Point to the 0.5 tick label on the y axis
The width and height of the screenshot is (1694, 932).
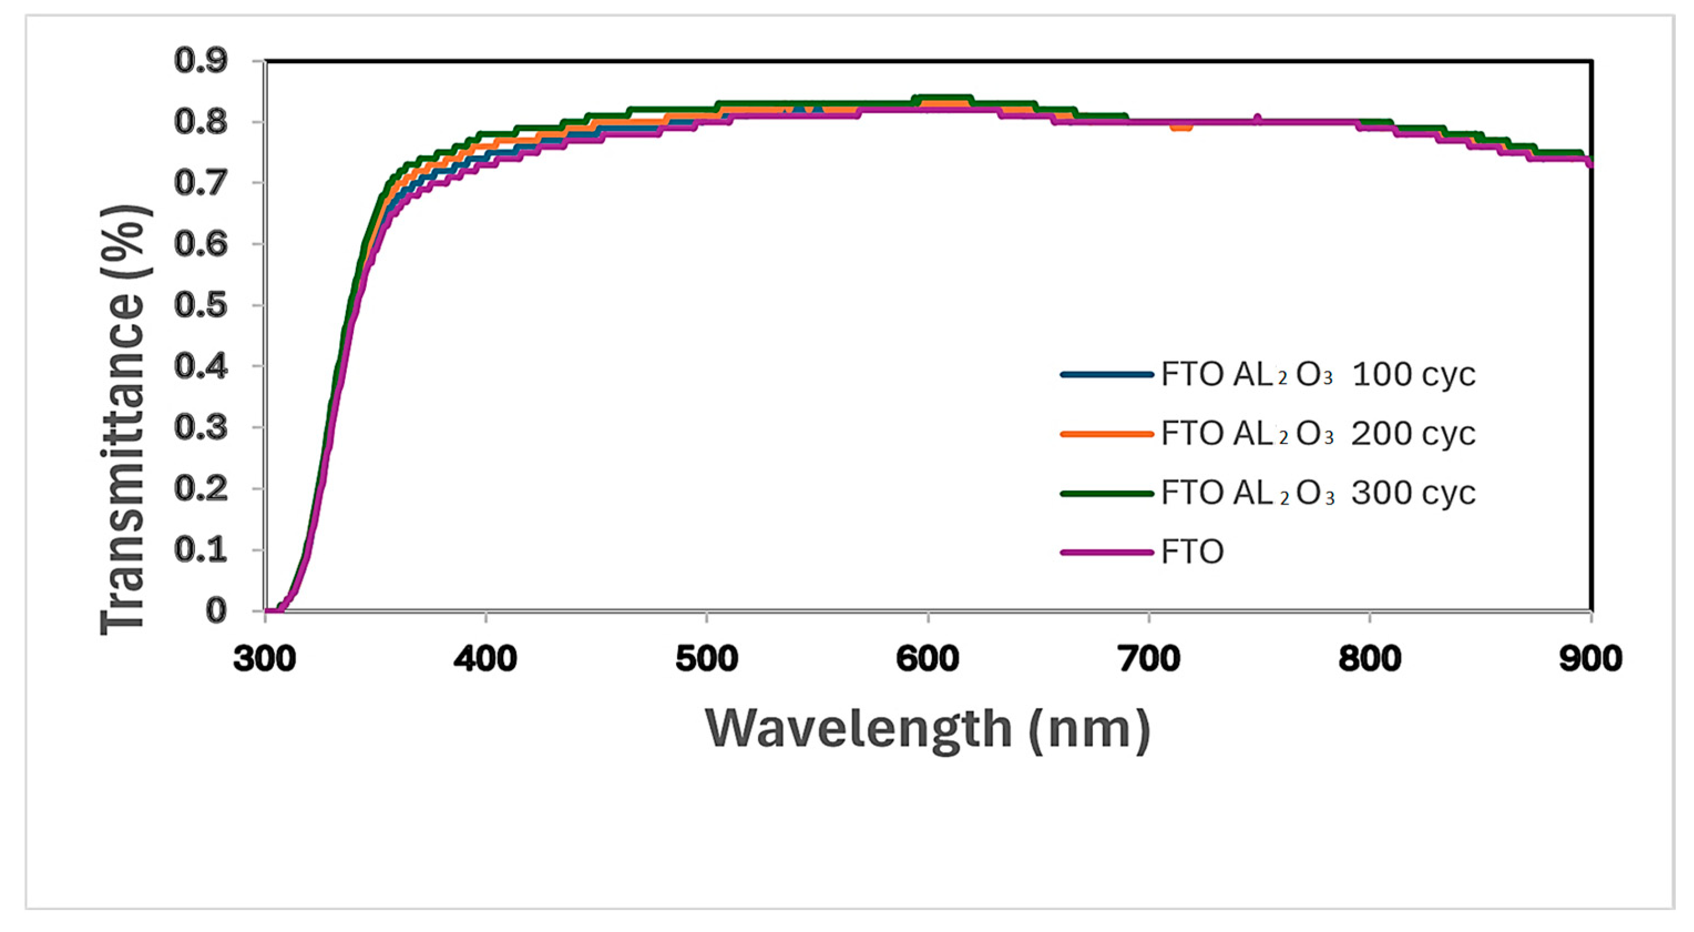tap(201, 306)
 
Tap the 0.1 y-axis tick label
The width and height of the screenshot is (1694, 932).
tap(201, 550)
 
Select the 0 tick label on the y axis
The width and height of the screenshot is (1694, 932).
tap(216, 611)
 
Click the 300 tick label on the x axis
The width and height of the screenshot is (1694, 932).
tap(265, 658)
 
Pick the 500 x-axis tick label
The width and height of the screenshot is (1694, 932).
tap(707, 658)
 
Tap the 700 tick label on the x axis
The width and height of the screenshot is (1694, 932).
tap(1149, 658)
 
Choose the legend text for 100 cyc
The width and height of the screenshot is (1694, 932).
tap(1318, 375)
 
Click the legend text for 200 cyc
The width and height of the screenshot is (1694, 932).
tap(1318, 434)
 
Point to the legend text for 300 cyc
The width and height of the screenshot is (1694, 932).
tap(1318, 493)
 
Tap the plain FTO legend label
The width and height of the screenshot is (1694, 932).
tap(1191, 552)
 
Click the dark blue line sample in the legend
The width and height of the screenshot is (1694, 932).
tap(1107, 375)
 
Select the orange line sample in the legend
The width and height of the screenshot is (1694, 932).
tap(1107, 434)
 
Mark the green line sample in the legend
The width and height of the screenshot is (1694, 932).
tap(1107, 493)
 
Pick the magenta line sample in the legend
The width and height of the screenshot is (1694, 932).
tap(1107, 552)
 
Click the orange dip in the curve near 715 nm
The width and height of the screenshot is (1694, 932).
tap(1181, 127)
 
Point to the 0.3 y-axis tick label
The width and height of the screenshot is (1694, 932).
tap(201, 428)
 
